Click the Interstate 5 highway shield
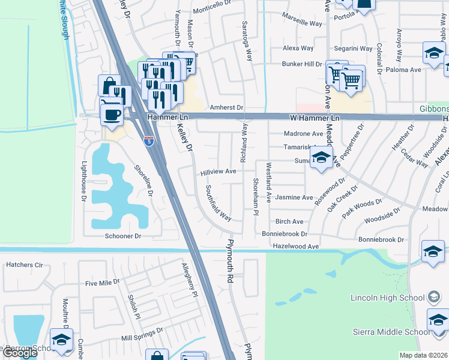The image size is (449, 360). (x=149, y=142)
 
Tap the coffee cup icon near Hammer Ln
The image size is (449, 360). (x=112, y=113)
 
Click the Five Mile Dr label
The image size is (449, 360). (x=103, y=283)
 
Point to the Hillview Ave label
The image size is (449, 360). (x=218, y=172)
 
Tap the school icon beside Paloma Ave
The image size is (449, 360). (x=434, y=53)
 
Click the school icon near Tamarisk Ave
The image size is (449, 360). (x=321, y=159)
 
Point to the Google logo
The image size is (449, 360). (x=20, y=353)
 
